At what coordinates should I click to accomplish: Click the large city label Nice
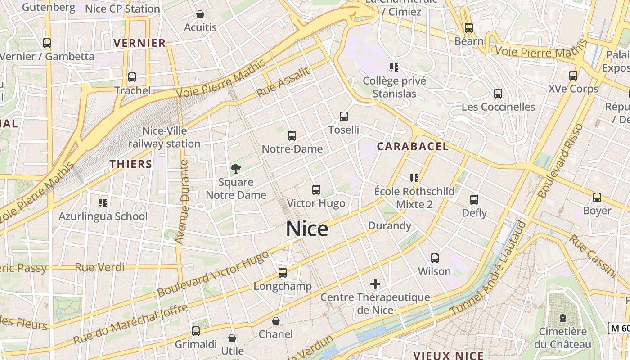coord(307,229)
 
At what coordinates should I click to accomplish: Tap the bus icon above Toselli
coord(344,117)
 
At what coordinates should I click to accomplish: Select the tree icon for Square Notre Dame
coord(235,169)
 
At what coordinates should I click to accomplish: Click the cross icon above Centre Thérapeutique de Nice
coord(375,284)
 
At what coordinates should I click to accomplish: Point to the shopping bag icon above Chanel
coord(276,321)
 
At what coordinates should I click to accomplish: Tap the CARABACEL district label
coord(413,146)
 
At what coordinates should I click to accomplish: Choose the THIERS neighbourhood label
coord(131,164)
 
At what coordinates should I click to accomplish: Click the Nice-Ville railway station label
coord(164,137)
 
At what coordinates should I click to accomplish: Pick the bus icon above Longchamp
coord(283,273)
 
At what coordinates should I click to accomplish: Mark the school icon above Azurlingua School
coord(103,203)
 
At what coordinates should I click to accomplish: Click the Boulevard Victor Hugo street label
coord(213,274)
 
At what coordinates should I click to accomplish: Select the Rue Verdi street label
coord(99,267)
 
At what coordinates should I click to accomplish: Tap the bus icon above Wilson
coord(435,258)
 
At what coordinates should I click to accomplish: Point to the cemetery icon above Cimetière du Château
coord(562,318)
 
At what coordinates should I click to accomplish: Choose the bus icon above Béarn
coord(469,28)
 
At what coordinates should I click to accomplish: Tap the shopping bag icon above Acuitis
coord(200,15)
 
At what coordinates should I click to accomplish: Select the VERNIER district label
coord(140,43)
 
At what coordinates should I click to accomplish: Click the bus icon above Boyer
coord(597,198)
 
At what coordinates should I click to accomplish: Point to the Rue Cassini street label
coord(593,255)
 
